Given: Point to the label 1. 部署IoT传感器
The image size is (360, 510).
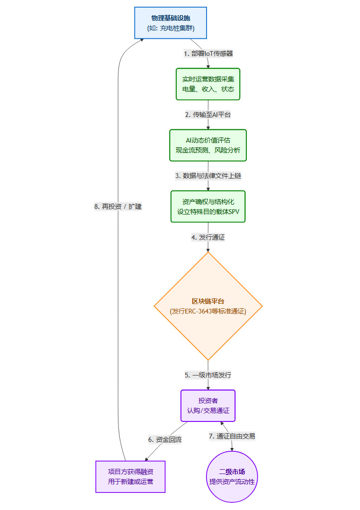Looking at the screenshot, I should click(208, 54).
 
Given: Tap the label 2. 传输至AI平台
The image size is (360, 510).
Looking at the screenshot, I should click(208, 115).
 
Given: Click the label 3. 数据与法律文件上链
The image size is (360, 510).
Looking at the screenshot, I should click(208, 176).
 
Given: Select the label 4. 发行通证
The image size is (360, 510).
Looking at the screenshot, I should click(208, 238).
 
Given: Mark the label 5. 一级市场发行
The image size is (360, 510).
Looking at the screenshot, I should click(208, 375).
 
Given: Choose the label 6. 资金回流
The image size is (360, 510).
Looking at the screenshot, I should click(165, 439).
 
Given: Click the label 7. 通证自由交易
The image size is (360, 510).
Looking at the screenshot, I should click(232, 436).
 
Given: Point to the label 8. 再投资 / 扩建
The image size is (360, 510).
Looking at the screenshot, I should click(118, 206).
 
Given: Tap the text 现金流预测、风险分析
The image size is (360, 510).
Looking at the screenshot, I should click(208, 151).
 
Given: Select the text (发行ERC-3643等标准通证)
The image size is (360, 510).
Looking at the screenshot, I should click(208, 311).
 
